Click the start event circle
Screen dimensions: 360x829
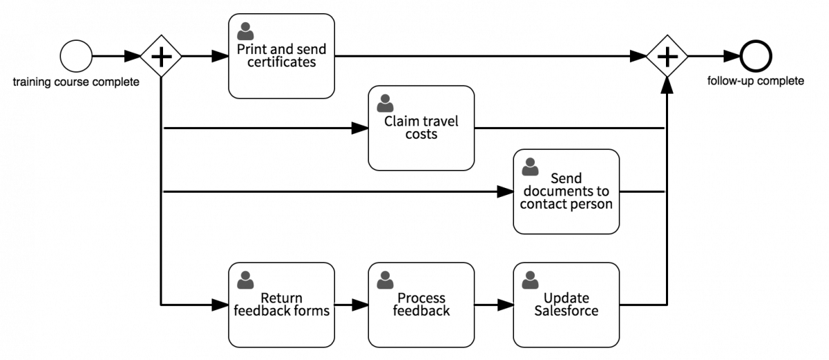[x=76, y=56]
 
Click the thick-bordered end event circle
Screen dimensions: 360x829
[x=755, y=56]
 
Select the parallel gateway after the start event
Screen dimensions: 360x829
[x=161, y=56]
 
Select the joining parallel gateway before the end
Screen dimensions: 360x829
[x=667, y=56]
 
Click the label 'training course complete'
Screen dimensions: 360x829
[x=76, y=83]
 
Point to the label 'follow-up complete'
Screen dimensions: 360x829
[x=755, y=82]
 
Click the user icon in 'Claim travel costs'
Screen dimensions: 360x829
[x=385, y=103]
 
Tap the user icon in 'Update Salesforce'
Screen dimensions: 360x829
[x=530, y=280]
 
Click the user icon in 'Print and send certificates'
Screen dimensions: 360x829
[x=245, y=31]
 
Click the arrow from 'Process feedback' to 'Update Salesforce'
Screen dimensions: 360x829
[x=493, y=305]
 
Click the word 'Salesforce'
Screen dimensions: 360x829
[x=566, y=311]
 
